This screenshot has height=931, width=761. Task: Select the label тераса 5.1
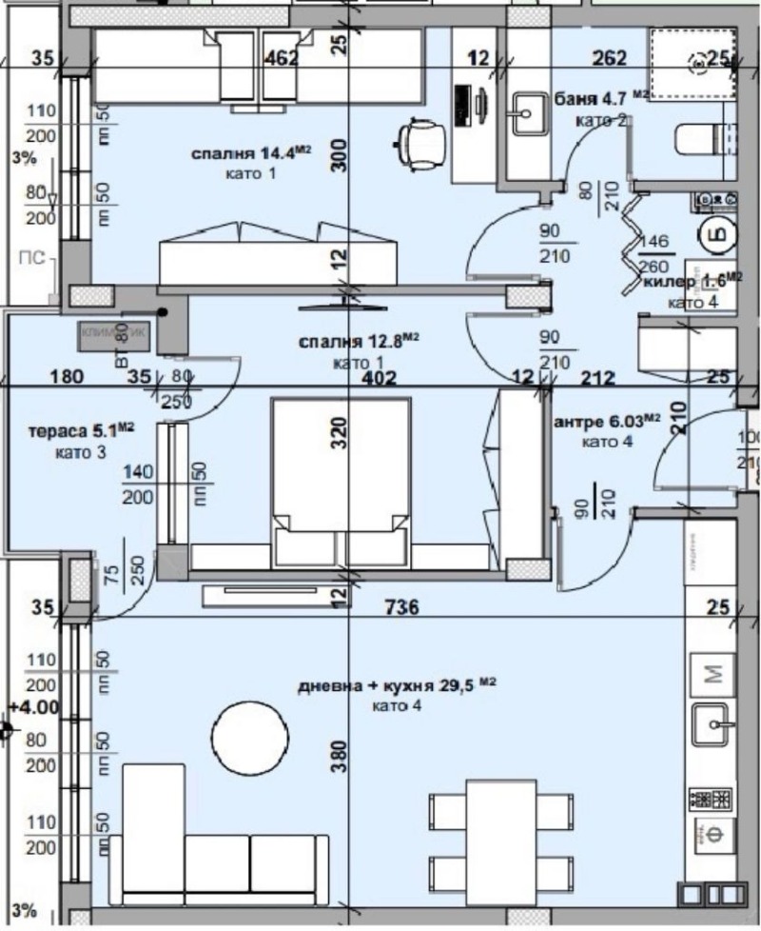pyautogui.click(x=80, y=430)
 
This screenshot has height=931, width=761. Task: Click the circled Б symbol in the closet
pyautogui.click(x=716, y=233)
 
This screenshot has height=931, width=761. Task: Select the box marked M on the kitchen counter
pyautogui.click(x=712, y=674)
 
